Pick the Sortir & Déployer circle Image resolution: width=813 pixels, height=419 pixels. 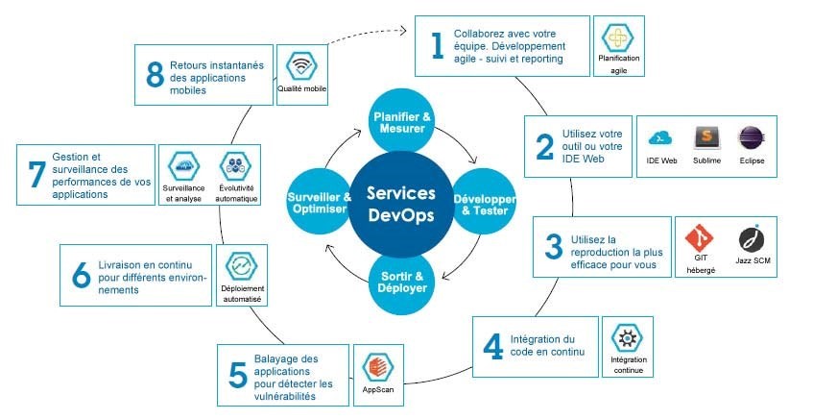pos(401,283)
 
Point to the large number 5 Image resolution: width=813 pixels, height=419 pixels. pos(238,375)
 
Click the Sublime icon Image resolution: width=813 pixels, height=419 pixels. pos(706,137)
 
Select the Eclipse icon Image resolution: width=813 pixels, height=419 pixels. pos(752,137)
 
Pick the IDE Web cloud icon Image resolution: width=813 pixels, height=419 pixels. pos(661,137)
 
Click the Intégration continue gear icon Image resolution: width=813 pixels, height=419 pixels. pos(629,338)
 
